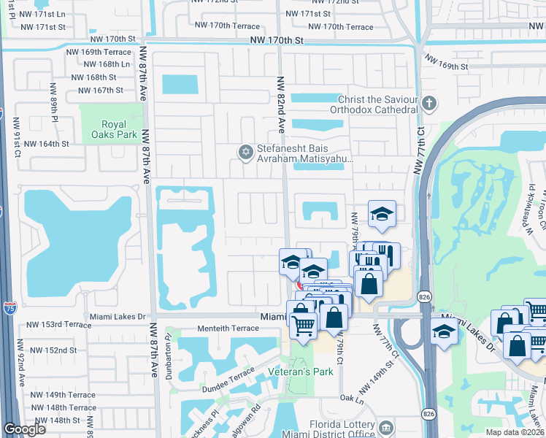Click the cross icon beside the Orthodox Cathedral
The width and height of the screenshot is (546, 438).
pos(428,104)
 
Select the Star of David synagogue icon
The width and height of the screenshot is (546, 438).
pos(246,152)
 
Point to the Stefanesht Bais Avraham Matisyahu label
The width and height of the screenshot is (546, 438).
pos(304,152)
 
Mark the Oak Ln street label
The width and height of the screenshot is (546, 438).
pos(351,399)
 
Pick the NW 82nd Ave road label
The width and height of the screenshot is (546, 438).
pos(280,101)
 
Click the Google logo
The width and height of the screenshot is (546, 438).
pos(24,429)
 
